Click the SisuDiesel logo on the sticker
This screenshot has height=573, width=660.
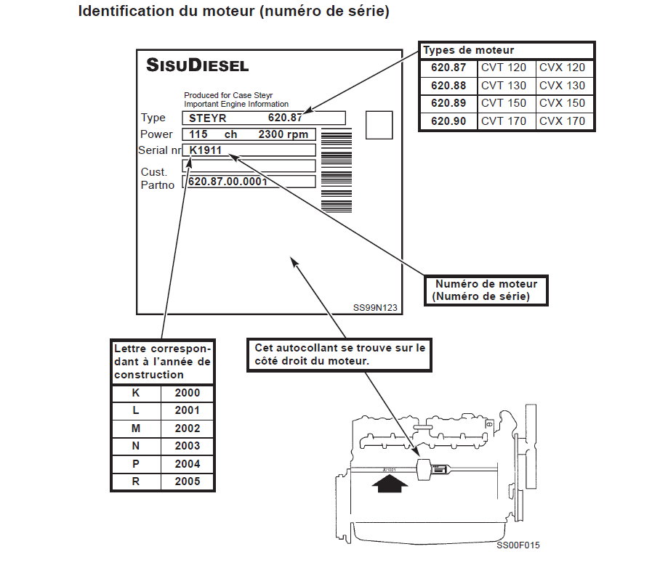[197, 65]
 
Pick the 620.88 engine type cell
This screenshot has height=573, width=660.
[448, 86]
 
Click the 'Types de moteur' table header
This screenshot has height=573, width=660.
[469, 51]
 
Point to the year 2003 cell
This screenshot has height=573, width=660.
[187, 446]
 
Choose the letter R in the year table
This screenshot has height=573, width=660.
[135, 481]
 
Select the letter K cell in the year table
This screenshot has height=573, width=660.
[135, 393]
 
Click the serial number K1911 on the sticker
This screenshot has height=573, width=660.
[205, 150]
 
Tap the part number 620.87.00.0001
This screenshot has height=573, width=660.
[228, 182]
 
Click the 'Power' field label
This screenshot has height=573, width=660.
[156, 134]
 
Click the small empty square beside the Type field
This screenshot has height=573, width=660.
[379, 125]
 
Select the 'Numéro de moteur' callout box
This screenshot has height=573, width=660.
[486, 290]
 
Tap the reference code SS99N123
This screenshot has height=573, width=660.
[376, 307]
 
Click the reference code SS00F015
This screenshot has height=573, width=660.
[518, 545]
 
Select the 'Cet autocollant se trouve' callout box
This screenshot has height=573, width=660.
[339, 354]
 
